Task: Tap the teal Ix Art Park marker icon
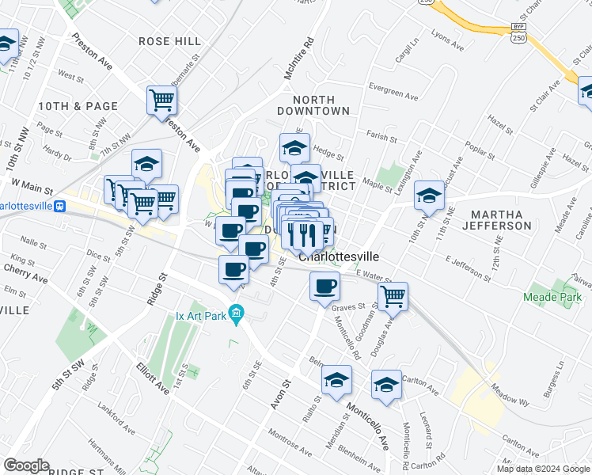click(x=235, y=311)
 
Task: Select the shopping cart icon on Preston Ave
click(x=161, y=101)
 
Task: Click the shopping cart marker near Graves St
click(x=393, y=297)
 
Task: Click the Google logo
click(x=26, y=465)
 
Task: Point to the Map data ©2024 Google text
click(x=544, y=469)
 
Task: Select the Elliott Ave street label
click(x=152, y=378)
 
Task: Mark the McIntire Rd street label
click(x=300, y=61)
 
